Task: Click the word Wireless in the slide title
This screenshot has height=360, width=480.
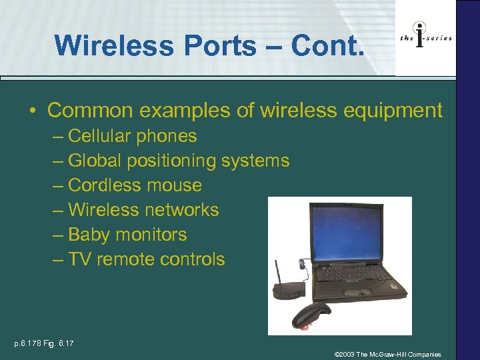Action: pyautogui.click(x=107, y=45)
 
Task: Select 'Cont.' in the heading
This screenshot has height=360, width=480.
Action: pyautogui.click(x=329, y=45)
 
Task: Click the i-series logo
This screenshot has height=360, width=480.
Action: pyautogui.click(x=425, y=38)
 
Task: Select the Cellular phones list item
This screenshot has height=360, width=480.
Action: pyautogui.click(x=132, y=136)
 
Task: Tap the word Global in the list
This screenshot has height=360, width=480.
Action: pyautogui.click(x=99, y=161)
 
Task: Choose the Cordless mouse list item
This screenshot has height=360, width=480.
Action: pyautogui.click(x=135, y=185)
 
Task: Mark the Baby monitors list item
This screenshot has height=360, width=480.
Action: pyautogui.click(x=127, y=235)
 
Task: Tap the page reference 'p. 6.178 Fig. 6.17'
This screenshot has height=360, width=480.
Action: pyautogui.click(x=44, y=343)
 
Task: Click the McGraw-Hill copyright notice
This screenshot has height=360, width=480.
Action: pyautogui.click(x=387, y=354)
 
